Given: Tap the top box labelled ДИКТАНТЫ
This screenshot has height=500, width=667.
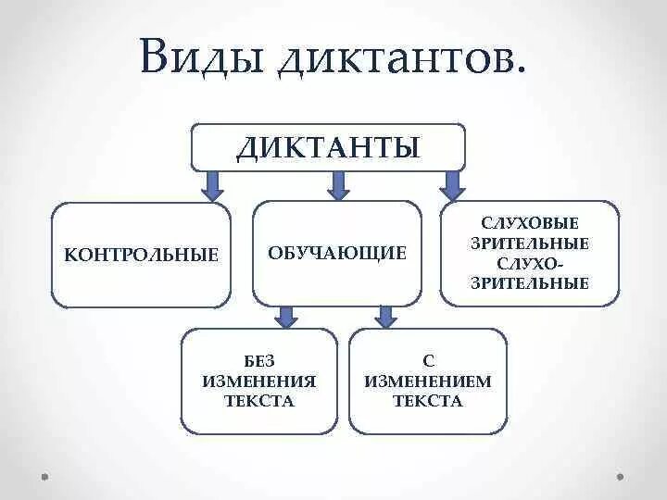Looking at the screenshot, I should click(x=328, y=147).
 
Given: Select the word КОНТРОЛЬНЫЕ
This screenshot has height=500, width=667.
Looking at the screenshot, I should click(x=141, y=255).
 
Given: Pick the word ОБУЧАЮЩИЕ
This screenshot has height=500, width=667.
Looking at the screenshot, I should click(x=337, y=253).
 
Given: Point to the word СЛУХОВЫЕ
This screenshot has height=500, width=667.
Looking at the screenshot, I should click(x=530, y=224).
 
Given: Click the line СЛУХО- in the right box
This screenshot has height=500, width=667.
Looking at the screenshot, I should click(x=530, y=265).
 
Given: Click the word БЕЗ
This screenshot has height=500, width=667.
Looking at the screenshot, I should click(x=259, y=360).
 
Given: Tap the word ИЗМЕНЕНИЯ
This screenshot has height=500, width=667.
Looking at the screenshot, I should click(x=259, y=381).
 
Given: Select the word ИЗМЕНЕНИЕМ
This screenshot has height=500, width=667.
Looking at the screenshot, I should click(x=428, y=381).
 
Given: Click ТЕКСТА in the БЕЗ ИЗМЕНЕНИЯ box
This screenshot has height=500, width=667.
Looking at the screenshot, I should click(x=259, y=401).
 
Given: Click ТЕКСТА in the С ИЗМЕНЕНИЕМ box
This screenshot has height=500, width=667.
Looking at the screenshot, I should click(x=428, y=401).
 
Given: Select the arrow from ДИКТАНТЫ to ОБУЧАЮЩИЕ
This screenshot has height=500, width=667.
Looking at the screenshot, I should click(x=338, y=185).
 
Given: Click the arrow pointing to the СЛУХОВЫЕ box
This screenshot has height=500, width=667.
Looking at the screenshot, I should click(x=452, y=185).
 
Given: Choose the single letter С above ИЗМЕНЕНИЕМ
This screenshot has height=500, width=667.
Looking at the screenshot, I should click(x=428, y=360).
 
